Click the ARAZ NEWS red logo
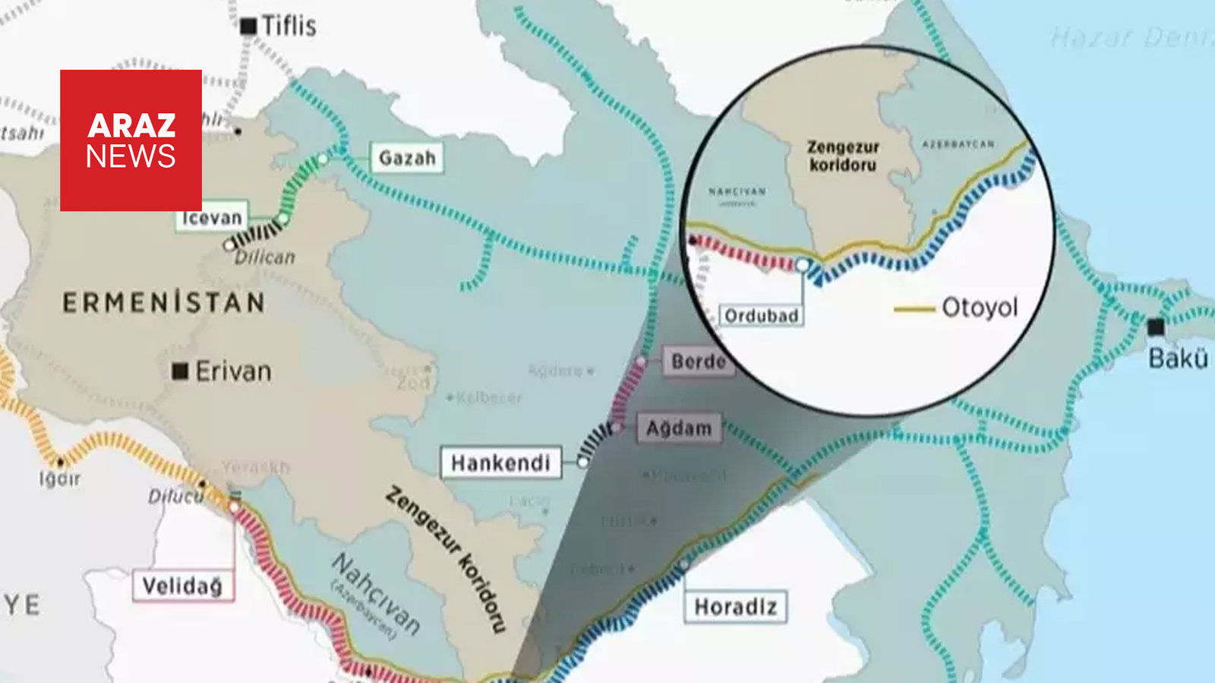click(131, 140)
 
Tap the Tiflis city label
click(289, 26)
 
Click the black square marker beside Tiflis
click(248, 26)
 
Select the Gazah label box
click(407, 158)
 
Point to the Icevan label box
click(212, 218)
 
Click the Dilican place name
click(264, 257)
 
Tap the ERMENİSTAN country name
click(164, 303)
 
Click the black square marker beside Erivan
click(180, 371)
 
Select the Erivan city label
click(233, 371)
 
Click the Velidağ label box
click(182, 586)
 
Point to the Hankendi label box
click(500, 463)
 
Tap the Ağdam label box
click(679, 428)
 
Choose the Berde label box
click(697, 361)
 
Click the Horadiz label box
click(735, 607)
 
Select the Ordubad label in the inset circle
click(761, 316)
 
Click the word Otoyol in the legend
click(980, 307)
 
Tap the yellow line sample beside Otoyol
click(914, 309)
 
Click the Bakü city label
click(1178, 358)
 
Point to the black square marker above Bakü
click(1155, 327)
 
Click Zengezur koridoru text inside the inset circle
click(842, 156)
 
